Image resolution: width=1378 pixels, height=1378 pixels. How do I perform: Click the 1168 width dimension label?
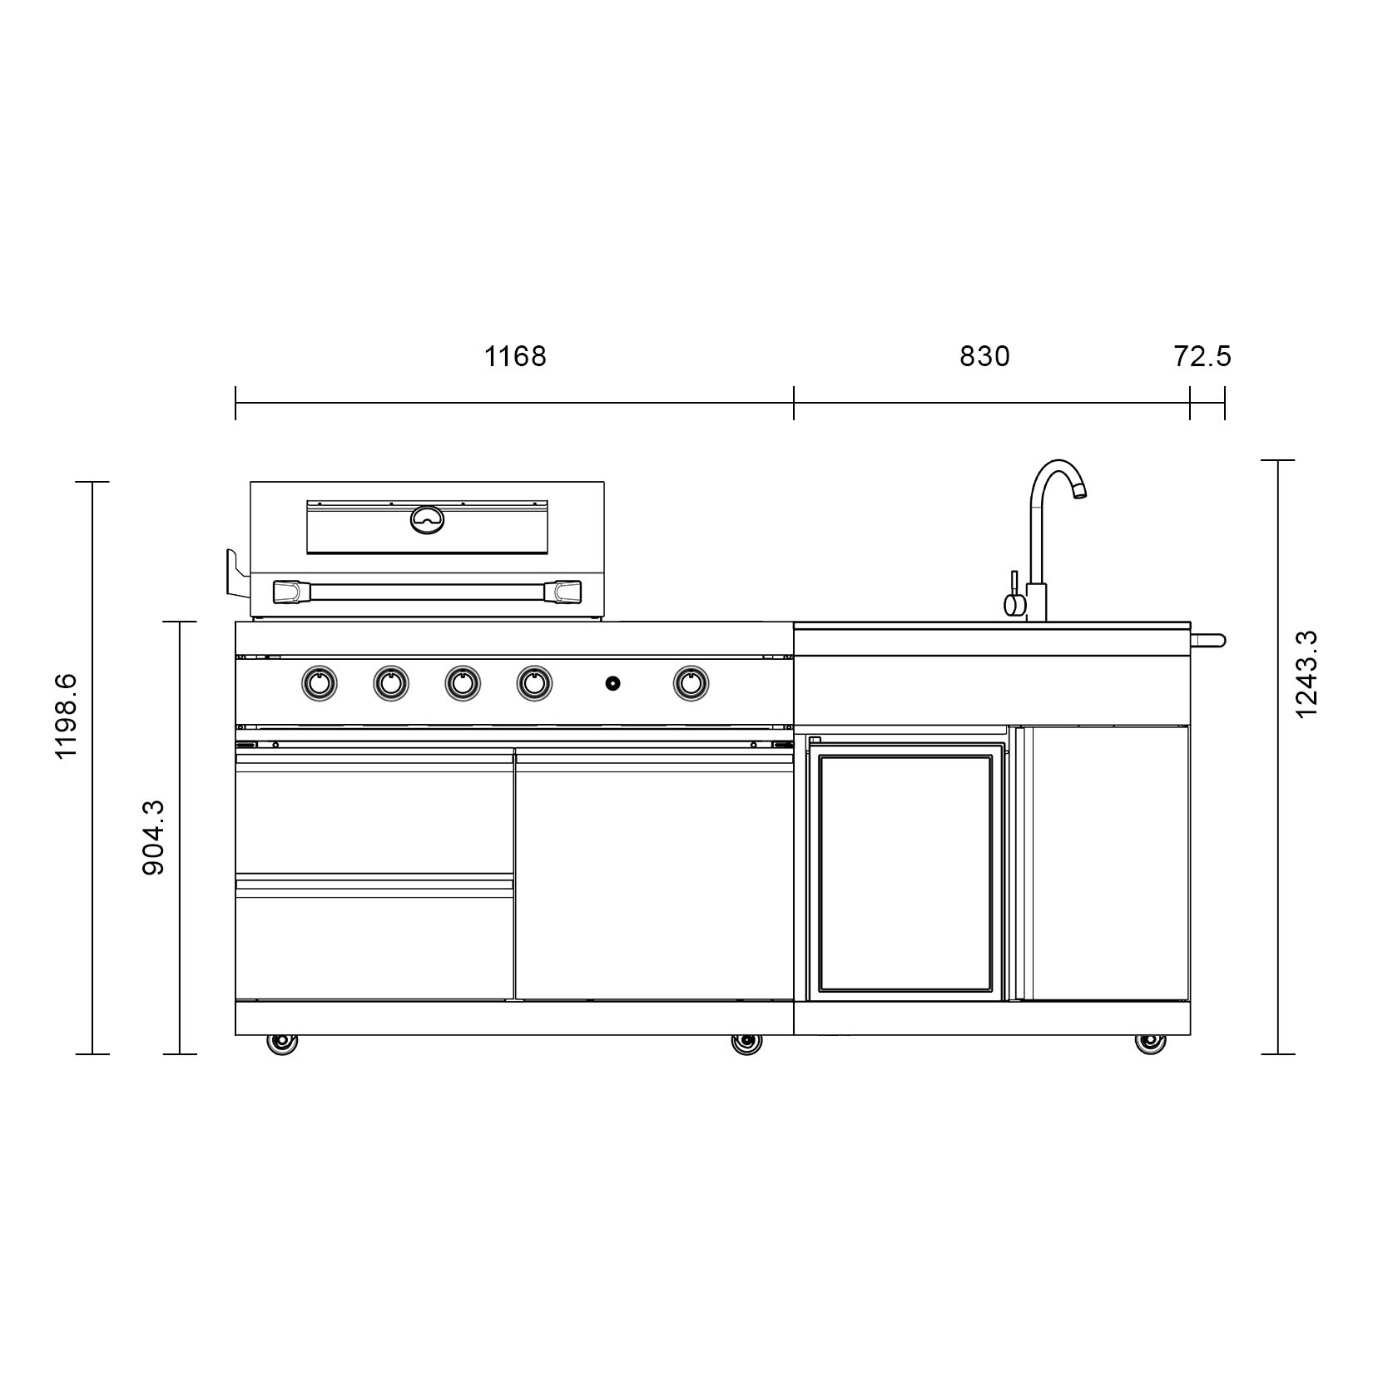click(515, 357)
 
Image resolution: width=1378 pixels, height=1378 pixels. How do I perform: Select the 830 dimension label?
click(984, 357)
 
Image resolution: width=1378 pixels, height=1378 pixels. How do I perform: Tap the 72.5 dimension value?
click(1202, 357)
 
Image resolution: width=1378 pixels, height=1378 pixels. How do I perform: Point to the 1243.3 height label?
click(1306, 674)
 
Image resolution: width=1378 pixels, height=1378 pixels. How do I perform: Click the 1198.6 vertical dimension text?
click(66, 716)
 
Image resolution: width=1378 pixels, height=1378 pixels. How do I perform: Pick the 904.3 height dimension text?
click(154, 836)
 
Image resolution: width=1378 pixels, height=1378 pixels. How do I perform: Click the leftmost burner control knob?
click(319, 683)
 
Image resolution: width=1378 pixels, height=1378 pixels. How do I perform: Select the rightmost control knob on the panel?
click(690, 683)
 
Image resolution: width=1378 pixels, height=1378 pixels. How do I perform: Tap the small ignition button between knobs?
click(612, 683)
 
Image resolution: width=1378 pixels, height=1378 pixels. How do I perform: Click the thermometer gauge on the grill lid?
click(428, 518)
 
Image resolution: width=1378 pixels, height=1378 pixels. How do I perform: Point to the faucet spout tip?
click(1079, 493)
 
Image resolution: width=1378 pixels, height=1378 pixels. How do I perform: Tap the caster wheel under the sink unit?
click(1149, 1043)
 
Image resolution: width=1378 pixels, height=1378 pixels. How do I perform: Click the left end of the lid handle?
click(286, 592)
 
